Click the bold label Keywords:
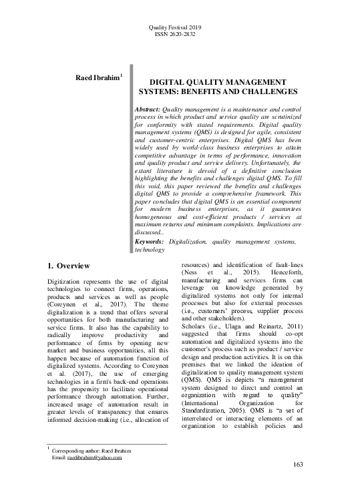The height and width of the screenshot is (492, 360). click(154, 240)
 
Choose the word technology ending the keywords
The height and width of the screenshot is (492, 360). click(150, 249)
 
